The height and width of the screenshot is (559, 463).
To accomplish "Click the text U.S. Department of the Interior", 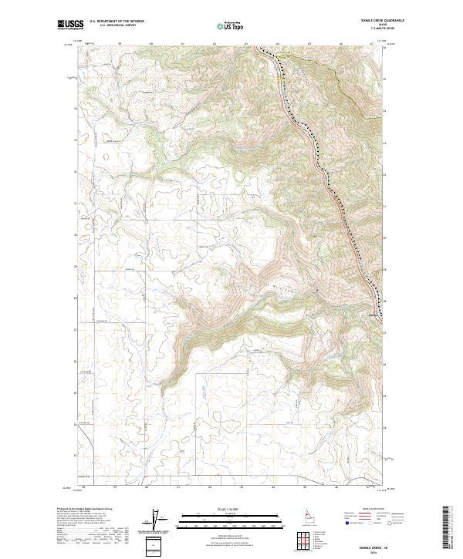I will pos(117,22).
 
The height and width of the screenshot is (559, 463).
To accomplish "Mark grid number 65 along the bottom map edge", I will pos(305,487).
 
